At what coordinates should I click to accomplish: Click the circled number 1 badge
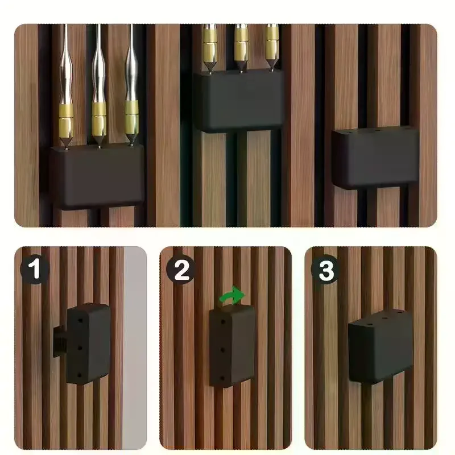[35, 270]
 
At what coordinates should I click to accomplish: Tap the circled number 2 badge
[181, 270]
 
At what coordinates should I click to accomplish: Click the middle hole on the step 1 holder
[81, 345]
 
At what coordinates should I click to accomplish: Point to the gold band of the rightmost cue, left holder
[131, 117]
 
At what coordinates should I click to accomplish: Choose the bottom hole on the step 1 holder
[81, 373]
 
